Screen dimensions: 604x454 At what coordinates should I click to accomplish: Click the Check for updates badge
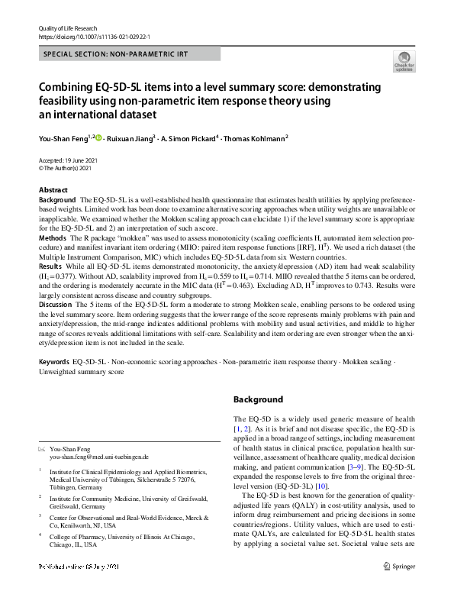[403, 61]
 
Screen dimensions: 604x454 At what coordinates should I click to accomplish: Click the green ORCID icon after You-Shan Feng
[98, 138]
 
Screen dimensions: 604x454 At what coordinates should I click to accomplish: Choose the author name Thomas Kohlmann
[256, 138]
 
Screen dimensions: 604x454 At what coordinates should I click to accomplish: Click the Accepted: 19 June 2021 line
[68, 160]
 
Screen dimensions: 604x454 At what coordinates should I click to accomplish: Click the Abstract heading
[53, 189]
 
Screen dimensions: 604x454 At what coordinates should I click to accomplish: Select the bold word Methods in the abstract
[53, 238]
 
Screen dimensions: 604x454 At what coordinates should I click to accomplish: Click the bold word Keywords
[54, 360]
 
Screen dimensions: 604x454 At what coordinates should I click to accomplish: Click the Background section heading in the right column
[257, 399]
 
